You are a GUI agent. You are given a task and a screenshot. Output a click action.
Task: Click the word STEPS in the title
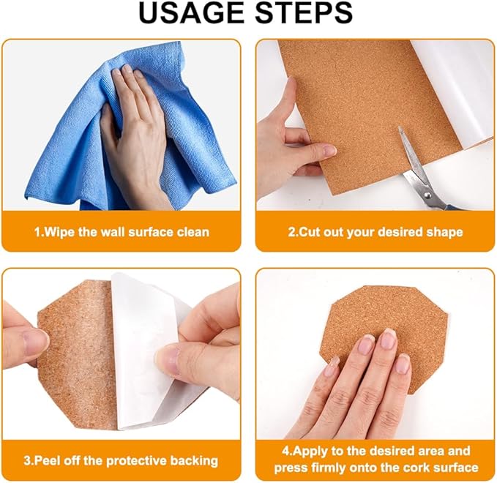pos(304,13)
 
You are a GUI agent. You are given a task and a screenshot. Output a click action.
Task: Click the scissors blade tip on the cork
pos(400,127)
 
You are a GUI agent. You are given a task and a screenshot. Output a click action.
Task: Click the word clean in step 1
pos(193,232)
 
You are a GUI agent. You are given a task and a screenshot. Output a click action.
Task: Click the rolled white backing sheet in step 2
pos(453,92)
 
